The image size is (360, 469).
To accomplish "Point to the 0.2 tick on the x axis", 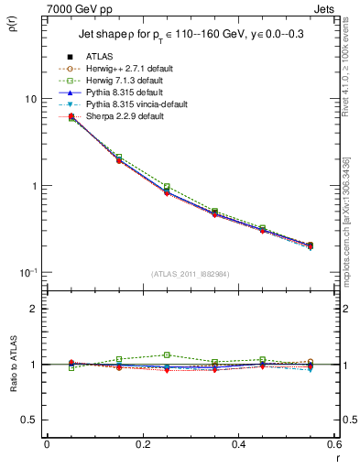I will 142,444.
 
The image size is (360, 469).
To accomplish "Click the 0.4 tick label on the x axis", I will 237,444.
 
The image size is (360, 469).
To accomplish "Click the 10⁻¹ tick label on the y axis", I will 28,272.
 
